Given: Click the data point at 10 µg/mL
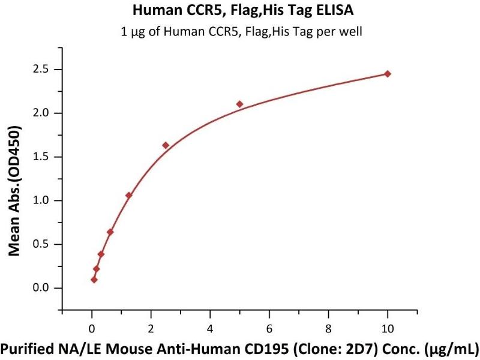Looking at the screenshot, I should (x=388, y=74).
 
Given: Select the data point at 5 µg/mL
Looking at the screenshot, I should (x=239, y=104).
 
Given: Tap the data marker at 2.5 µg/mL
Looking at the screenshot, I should (x=166, y=145).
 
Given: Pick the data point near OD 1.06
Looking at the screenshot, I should (x=128, y=195).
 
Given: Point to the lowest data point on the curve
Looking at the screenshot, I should (x=94, y=280).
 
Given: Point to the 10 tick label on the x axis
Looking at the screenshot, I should (x=388, y=328).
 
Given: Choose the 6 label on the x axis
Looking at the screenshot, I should (x=269, y=328).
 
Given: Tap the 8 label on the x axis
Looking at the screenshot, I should (x=328, y=328).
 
